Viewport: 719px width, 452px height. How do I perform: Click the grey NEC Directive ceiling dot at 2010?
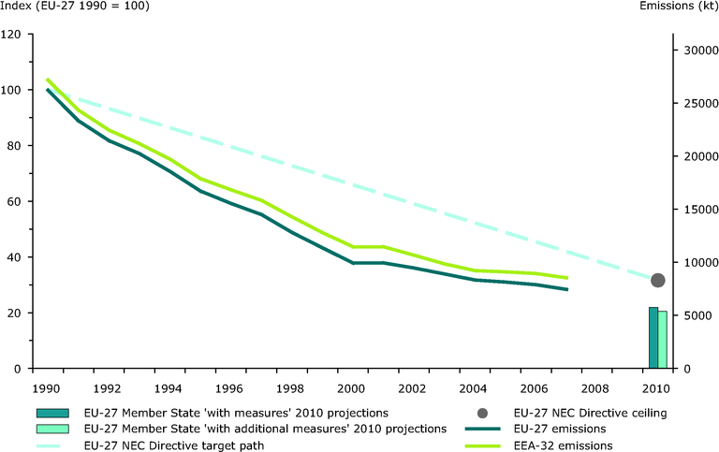pos(658,281)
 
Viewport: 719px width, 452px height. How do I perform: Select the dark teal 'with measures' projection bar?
pos(653,338)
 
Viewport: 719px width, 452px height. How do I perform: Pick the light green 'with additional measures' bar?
pos(663,340)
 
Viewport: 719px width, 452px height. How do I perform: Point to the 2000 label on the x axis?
pos(351,386)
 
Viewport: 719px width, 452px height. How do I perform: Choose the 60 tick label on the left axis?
pos(16,201)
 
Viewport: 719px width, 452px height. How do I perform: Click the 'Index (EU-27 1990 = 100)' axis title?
pos(75,7)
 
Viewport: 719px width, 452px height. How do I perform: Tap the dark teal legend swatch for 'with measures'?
pos(55,413)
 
